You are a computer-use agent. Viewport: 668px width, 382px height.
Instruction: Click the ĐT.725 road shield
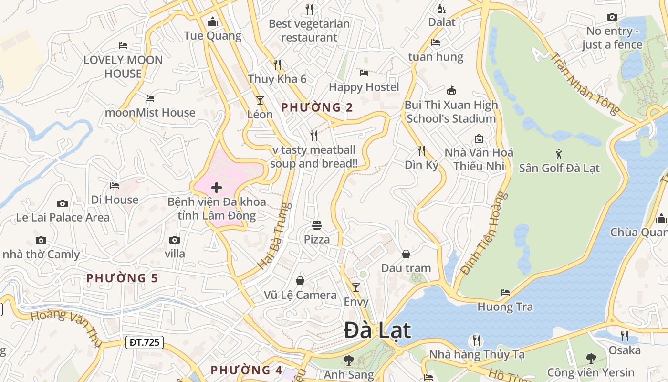coord(145,342)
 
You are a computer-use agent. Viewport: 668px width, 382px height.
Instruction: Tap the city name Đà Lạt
coord(377,330)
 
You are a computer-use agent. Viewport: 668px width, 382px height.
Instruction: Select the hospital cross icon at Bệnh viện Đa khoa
coord(217,187)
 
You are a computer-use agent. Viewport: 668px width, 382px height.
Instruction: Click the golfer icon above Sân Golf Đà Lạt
coord(559,154)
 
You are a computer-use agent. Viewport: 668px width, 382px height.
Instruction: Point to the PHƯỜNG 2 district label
coord(317,107)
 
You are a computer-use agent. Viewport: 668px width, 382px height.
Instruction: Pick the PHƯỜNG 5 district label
coord(122,278)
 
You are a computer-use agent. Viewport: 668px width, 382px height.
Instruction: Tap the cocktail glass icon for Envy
coord(355,287)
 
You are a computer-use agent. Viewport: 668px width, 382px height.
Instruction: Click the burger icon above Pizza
coord(317,224)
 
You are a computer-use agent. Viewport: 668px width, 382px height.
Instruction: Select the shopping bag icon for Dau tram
coord(406,254)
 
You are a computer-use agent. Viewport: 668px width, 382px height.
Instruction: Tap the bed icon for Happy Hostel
coord(364,73)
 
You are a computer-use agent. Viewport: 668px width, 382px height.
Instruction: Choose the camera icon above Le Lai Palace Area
coord(62,203)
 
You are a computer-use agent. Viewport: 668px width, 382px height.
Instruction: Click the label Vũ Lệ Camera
coord(300,295)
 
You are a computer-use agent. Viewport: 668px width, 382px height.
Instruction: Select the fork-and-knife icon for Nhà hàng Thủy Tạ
coord(476,340)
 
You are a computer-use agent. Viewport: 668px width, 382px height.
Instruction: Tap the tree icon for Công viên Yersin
coord(591,358)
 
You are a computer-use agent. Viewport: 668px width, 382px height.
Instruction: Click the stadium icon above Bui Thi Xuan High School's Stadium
coord(451,90)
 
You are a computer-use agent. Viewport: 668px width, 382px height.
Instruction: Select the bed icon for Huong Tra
coord(505,292)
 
